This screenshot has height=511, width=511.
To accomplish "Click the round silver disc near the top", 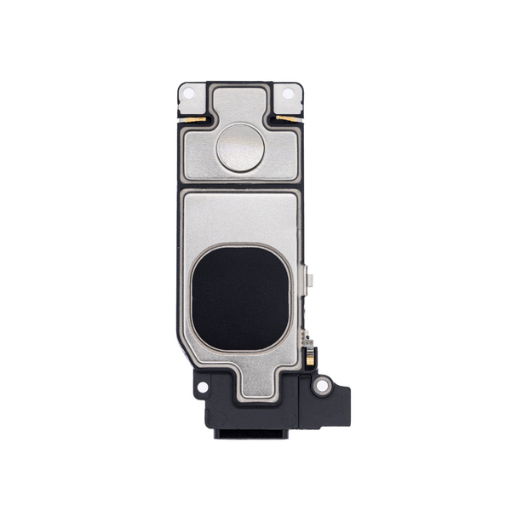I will pos(239,147).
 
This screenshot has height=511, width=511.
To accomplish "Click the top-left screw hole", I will pos(190,92).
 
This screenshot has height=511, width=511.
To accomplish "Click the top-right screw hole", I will pos(288,93).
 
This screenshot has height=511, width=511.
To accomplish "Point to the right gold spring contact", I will pos(287,118).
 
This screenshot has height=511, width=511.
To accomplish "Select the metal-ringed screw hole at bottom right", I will pos(321,385).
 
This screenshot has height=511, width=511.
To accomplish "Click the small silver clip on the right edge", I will pos(309,281).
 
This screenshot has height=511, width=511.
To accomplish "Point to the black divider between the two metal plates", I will pos(239,186).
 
